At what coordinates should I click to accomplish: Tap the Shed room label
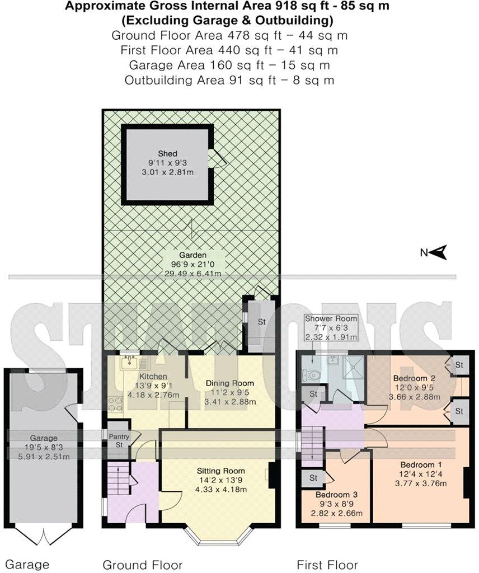167,153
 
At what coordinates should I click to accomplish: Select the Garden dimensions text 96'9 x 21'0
189,264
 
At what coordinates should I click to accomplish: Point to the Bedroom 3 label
336,495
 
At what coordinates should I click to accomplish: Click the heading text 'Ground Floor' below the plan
142,565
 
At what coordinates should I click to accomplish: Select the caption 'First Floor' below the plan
327,565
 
